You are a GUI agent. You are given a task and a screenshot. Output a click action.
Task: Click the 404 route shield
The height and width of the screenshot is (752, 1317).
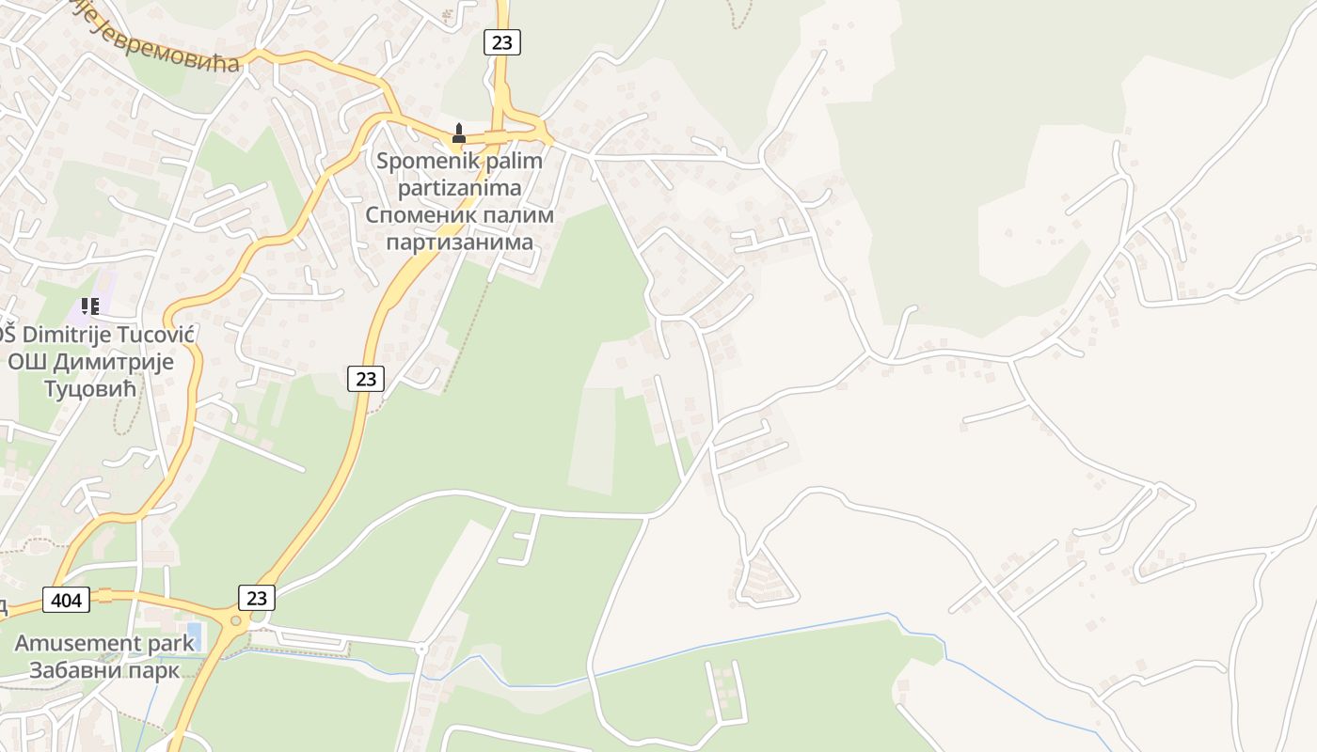click(66, 599)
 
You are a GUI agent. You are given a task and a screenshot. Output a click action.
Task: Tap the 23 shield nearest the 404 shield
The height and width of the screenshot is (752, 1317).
click(257, 597)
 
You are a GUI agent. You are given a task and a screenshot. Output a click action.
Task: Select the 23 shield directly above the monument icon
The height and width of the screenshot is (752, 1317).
click(502, 41)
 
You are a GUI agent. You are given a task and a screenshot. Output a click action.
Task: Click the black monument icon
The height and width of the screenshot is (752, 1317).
click(459, 133)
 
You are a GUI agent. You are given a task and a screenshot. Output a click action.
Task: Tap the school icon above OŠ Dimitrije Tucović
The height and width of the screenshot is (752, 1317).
click(90, 305)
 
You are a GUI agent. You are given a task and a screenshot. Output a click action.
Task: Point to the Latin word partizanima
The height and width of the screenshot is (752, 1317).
click(459, 188)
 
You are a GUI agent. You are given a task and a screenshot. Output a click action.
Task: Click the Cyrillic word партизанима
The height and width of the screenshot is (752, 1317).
click(459, 243)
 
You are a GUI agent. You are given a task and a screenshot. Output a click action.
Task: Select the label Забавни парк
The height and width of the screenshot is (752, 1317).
click(103, 670)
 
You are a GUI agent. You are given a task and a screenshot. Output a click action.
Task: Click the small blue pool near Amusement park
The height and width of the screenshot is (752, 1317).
click(194, 634)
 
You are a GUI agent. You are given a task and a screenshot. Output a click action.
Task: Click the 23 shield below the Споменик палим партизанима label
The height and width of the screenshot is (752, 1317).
click(366, 379)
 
